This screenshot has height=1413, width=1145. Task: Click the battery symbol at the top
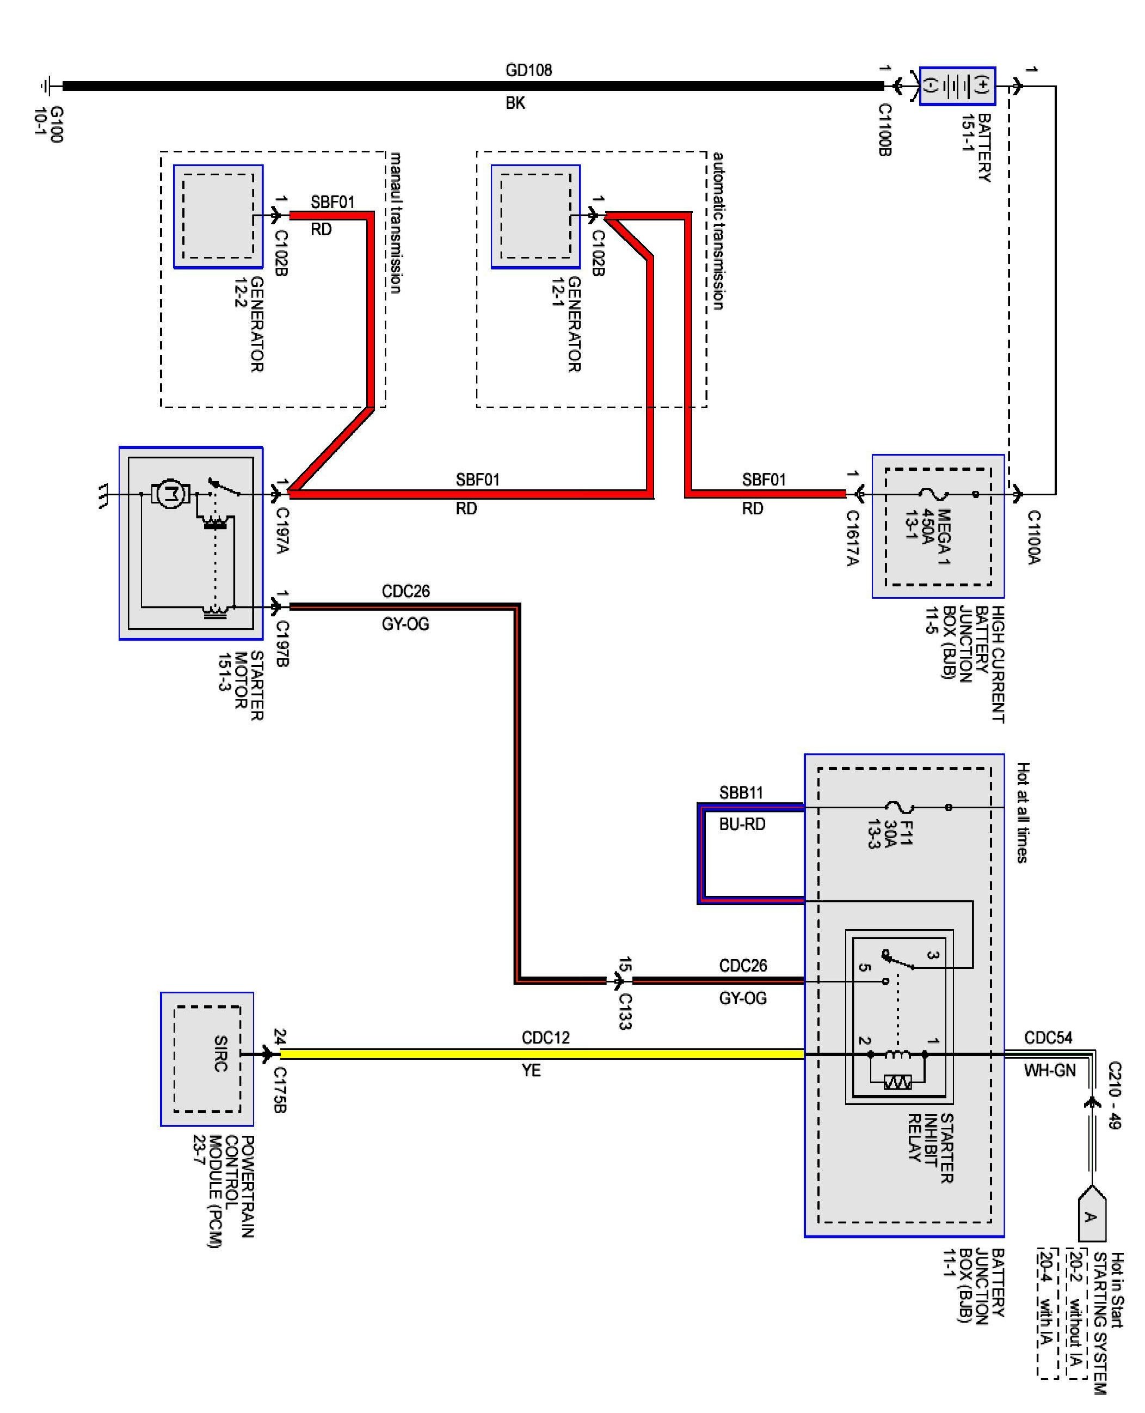[957, 86]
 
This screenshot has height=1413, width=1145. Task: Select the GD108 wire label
[528, 70]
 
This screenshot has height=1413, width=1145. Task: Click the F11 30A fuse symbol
[898, 807]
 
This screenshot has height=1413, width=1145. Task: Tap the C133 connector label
[625, 1011]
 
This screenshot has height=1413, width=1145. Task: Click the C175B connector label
[280, 1089]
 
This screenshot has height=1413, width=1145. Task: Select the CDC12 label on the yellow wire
[545, 1037]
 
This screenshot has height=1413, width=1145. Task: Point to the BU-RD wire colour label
[742, 824]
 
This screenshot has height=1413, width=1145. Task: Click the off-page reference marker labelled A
[1092, 1216]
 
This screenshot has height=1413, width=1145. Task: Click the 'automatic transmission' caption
[718, 231]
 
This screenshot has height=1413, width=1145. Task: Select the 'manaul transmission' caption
[395, 223]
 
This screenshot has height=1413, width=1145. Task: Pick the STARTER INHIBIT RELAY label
[930, 1148]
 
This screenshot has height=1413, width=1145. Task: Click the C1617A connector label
[852, 538]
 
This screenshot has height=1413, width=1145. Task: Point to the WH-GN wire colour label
[1049, 1070]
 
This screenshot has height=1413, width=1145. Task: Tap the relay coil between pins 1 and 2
[897, 1054]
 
